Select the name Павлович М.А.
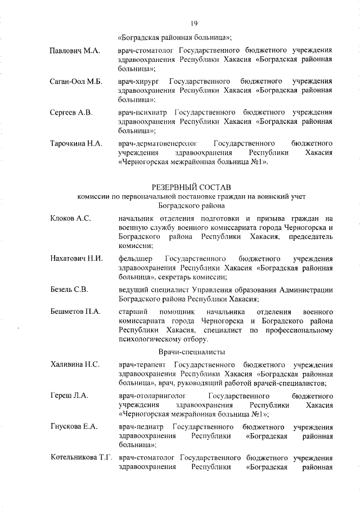[x=74, y=51]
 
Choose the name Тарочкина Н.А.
[x=76, y=143]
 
